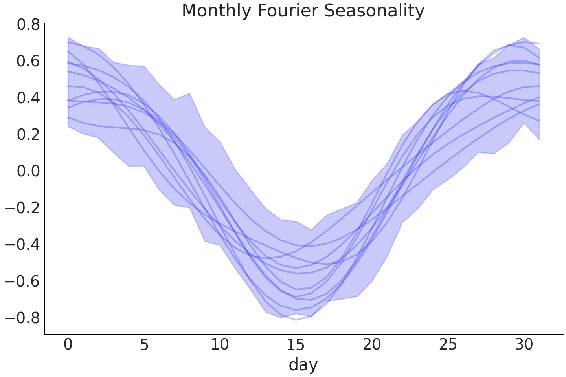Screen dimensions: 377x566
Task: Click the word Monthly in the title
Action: pos(217,11)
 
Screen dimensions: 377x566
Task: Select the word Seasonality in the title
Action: pos(374,11)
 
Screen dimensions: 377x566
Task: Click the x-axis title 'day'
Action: pos(303,365)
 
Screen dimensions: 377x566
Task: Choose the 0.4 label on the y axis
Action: pos(28,98)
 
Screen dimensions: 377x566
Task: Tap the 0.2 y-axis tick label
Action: pos(28,134)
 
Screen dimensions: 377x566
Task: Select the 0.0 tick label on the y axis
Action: pos(28,171)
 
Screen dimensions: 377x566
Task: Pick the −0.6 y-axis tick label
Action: pos(22,281)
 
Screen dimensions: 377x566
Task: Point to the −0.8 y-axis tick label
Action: pos(22,317)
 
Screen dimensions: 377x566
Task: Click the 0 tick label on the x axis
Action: pos(68,345)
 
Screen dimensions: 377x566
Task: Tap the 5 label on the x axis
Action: pos(144,345)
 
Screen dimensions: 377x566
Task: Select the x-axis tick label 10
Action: pos(220,345)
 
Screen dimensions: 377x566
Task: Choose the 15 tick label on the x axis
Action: pos(296,345)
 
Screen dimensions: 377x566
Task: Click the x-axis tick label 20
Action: pos(372,345)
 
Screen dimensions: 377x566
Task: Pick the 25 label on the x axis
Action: pos(448,345)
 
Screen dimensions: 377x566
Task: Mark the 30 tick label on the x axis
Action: pos(524,345)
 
